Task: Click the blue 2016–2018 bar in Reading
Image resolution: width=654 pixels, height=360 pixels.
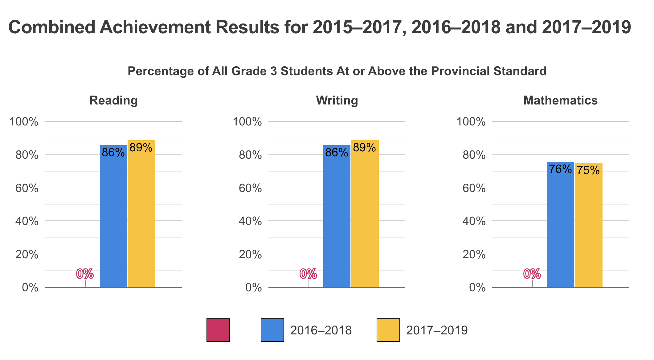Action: (113, 216)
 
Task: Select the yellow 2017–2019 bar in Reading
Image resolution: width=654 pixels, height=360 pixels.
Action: (141, 216)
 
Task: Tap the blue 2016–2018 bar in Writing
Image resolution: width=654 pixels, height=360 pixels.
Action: (337, 216)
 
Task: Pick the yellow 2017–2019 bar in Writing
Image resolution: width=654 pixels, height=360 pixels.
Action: (365, 216)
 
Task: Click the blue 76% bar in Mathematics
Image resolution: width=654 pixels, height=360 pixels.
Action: (560, 225)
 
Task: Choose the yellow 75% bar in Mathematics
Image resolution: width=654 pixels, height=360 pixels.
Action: (588, 225)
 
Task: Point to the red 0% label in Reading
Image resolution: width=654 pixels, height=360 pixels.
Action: (85, 274)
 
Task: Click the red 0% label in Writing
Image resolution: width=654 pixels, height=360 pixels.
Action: (308, 274)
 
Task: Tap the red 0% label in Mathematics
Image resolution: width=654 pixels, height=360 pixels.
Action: (532, 274)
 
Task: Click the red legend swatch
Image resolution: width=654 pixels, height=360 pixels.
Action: (218, 330)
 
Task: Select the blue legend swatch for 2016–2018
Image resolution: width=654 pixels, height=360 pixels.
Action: (272, 330)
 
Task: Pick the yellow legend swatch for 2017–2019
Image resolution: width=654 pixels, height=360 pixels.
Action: (388, 330)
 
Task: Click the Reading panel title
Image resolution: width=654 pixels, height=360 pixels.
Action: (113, 100)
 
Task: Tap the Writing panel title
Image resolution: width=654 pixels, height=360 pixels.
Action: (337, 100)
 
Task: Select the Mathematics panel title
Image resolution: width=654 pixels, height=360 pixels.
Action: (560, 100)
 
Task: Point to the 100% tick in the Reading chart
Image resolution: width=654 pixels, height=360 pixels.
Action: (24, 122)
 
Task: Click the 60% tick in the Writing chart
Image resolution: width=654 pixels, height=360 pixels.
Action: (251, 188)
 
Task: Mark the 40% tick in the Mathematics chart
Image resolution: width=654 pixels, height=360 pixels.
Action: (474, 221)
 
